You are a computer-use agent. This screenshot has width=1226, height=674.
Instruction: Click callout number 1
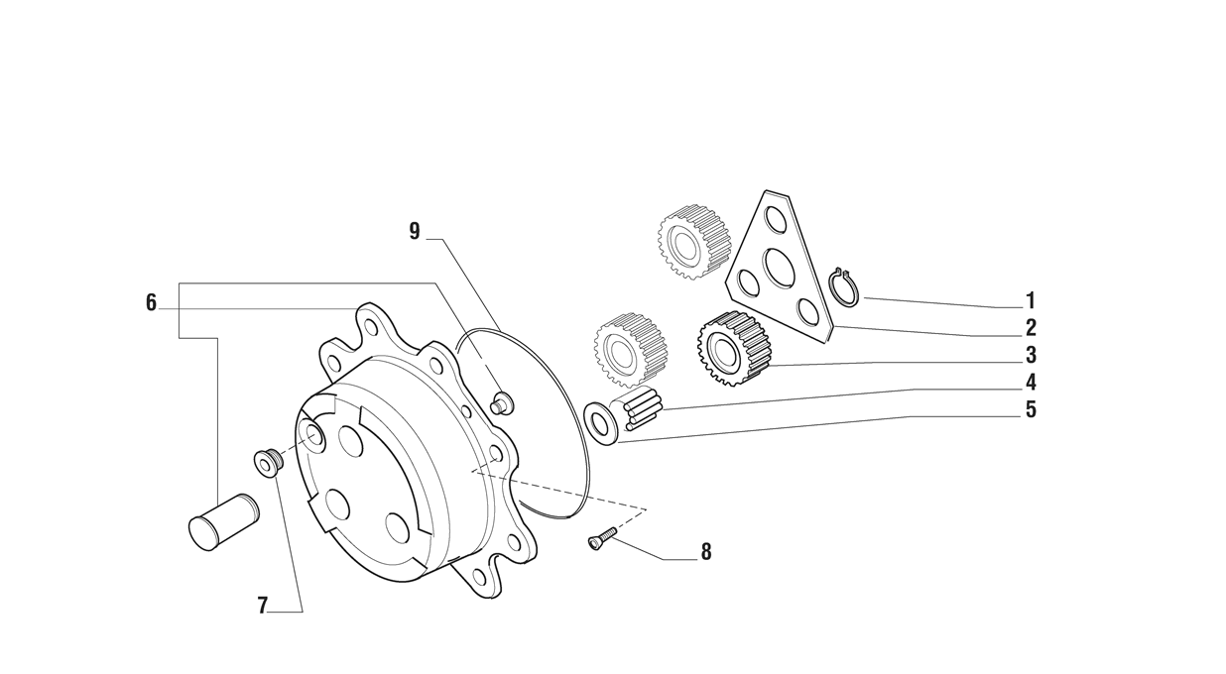point(1031,301)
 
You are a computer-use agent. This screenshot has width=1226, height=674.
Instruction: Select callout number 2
point(1031,328)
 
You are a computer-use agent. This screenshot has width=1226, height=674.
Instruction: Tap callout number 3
point(1031,355)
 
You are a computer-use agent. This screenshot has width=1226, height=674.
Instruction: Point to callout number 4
point(1031,383)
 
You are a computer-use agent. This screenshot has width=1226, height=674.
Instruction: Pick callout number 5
point(1031,409)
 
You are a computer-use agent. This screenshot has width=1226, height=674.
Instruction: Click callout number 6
point(151,302)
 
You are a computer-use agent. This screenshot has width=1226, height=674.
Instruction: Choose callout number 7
point(262,606)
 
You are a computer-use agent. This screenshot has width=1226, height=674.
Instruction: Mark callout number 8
point(706,552)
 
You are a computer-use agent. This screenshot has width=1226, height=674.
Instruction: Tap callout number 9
point(415,231)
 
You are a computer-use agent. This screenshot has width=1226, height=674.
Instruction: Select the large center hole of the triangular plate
point(781,267)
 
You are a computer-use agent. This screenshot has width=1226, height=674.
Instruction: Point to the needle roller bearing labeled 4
point(642,408)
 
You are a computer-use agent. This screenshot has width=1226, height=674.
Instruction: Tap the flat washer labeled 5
point(600,423)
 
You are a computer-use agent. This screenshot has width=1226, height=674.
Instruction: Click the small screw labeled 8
point(603,536)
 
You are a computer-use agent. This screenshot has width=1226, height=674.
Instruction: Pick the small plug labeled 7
point(268,463)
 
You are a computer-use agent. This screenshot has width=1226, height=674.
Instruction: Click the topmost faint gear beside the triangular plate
point(694,242)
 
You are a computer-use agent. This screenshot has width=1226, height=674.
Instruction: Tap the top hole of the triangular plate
point(776,219)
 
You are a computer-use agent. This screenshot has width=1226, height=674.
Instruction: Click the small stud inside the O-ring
point(502,402)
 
